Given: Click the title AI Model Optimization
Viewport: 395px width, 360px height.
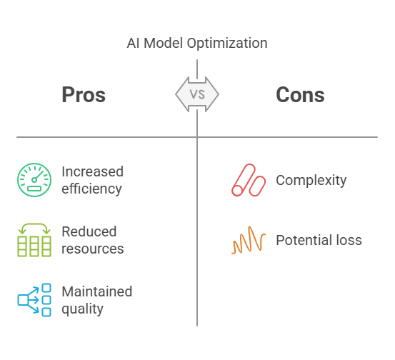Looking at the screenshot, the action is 197,43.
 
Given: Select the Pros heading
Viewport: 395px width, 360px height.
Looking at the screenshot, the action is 84,95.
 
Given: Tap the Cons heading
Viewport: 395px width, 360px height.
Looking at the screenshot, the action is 300,95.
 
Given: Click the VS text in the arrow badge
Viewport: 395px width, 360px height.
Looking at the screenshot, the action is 197,94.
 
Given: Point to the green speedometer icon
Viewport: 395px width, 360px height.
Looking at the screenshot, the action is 34,180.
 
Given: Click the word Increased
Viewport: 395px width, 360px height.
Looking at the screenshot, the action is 92,171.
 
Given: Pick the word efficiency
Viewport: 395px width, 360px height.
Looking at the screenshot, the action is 91,189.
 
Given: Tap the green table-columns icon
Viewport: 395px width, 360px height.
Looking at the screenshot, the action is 34,240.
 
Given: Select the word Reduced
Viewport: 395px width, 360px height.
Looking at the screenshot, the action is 89,231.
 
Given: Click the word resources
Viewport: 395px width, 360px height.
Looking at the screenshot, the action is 93,249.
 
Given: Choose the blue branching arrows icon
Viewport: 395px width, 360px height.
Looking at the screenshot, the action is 34,300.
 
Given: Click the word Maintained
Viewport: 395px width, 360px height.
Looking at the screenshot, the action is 97,291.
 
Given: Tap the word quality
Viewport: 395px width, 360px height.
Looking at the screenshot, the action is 83,309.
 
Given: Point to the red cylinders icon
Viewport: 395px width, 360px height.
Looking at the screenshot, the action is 249,180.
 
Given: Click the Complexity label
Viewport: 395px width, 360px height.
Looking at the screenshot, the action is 311,181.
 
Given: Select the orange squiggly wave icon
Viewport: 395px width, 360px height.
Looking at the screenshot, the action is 249,240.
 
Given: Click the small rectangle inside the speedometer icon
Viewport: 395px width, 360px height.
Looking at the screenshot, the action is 34,189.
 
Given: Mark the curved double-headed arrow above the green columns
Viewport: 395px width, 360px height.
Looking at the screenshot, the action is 34,224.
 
